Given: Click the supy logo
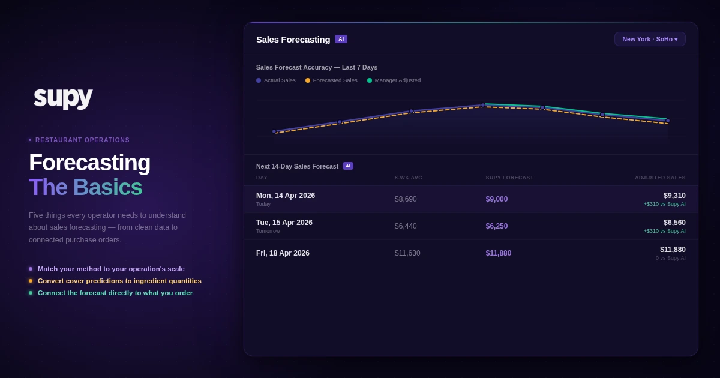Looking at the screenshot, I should (63, 96).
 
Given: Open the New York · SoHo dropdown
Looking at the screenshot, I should (650, 39).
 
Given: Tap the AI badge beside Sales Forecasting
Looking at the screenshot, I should (341, 39).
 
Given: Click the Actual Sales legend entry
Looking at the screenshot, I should (276, 80).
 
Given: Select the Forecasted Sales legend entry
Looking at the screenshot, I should (331, 80).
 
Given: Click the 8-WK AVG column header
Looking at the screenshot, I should (409, 178).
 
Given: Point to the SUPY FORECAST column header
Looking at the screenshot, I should (509, 178).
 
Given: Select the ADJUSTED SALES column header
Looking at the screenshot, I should (660, 178).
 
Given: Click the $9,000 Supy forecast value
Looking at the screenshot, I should (497, 199).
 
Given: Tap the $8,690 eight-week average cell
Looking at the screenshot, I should (406, 199).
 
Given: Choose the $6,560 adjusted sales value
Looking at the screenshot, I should (674, 223).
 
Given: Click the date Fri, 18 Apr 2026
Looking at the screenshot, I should (283, 253).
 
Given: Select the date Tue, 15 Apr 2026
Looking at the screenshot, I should (284, 223).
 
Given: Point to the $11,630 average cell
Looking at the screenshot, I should (407, 253).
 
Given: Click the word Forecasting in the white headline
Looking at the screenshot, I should (89, 163).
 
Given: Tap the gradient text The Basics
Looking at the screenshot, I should (86, 187).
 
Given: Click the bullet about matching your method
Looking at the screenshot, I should (111, 269).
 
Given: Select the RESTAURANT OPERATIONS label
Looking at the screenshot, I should (82, 140).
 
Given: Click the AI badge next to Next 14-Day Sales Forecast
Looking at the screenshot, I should (348, 166).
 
